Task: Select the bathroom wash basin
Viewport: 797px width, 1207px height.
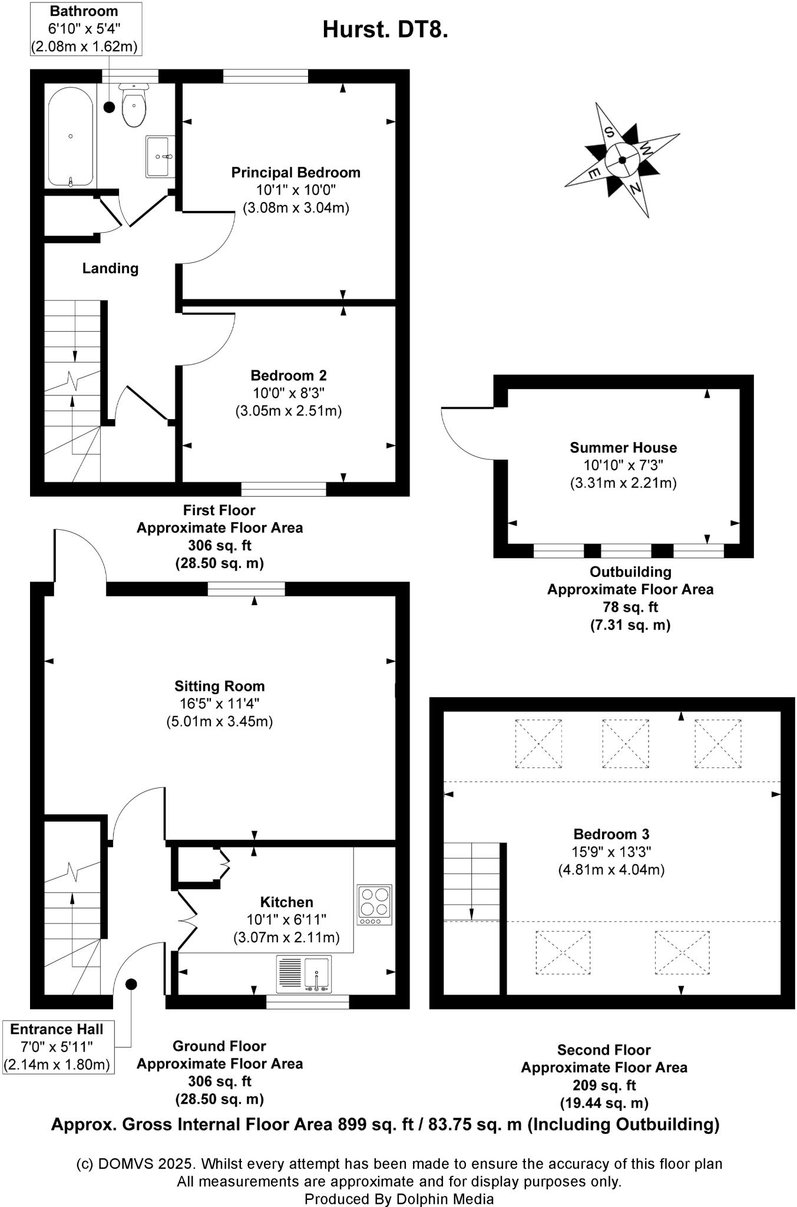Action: click(160, 156)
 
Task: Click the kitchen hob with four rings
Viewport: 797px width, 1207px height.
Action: click(374, 904)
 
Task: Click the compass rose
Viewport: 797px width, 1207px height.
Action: click(622, 160)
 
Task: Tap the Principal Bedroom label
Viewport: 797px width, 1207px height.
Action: click(296, 173)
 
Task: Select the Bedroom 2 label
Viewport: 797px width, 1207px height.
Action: click(289, 375)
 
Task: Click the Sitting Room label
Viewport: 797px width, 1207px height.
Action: click(219, 686)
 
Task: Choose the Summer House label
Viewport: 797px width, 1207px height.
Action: click(623, 447)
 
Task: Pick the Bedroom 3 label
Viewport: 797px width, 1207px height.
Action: click(611, 834)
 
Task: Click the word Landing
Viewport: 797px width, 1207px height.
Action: click(110, 269)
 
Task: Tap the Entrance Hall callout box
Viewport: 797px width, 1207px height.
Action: click(57, 1047)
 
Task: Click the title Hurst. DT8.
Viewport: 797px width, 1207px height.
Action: click(385, 29)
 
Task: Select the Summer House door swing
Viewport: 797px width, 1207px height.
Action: click(468, 433)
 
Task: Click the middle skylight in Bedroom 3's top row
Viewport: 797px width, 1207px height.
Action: click(625, 743)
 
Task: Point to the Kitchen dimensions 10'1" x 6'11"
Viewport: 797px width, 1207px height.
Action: click(286, 919)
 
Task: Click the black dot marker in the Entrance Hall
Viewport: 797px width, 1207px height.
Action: click(131, 984)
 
